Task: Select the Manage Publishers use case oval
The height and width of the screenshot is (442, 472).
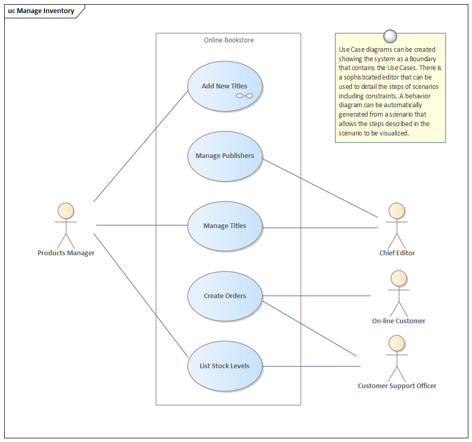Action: click(225, 156)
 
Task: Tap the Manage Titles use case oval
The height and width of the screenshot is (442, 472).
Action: click(225, 226)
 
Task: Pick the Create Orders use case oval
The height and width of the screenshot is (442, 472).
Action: click(225, 296)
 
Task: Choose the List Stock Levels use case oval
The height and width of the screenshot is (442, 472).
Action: click(225, 366)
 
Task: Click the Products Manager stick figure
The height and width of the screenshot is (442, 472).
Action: click(66, 225)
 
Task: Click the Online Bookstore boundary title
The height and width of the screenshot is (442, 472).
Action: click(228, 40)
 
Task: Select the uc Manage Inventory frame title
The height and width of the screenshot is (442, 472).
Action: click(41, 11)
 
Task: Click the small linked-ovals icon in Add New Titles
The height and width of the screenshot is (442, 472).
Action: click(244, 96)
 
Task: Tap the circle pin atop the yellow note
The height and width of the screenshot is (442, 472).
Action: click(390, 36)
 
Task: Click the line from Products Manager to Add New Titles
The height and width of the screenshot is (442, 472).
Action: click(141, 145)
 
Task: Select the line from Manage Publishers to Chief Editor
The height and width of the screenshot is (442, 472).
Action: click(320, 187)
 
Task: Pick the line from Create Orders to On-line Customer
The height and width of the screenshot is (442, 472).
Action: click(316, 296)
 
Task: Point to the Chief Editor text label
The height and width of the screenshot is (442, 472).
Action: click(397, 253)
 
